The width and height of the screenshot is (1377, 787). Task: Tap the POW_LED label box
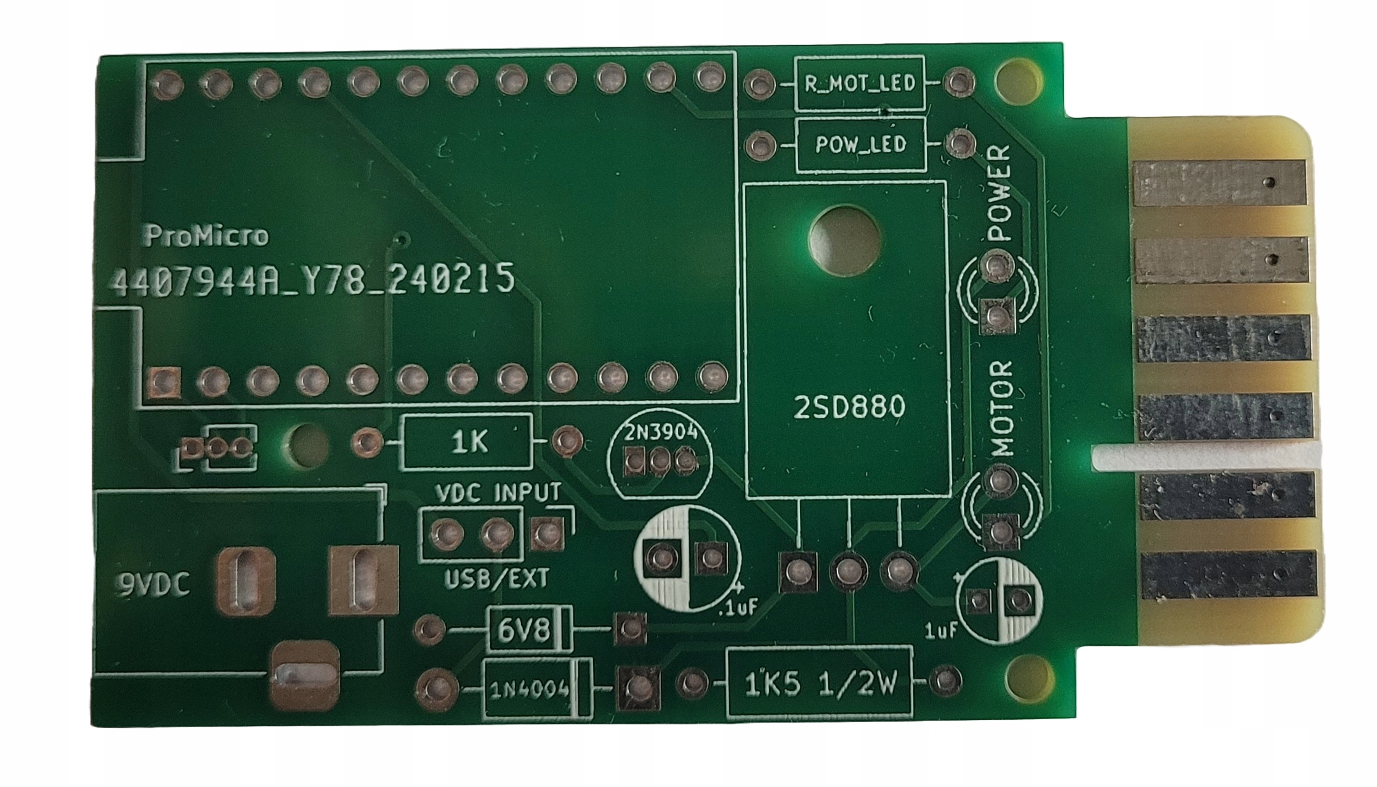click(x=860, y=145)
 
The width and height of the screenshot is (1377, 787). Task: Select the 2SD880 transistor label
click(x=850, y=407)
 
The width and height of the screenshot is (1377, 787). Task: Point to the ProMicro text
click(x=206, y=235)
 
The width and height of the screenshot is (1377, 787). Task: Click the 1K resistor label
click(x=469, y=442)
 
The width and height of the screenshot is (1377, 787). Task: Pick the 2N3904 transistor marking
click(x=661, y=433)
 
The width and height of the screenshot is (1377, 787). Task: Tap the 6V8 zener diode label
click(x=524, y=630)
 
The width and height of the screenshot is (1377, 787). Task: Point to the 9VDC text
click(x=152, y=585)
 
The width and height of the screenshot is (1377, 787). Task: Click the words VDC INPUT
click(x=498, y=492)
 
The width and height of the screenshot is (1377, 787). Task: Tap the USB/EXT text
click(x=496, y=579)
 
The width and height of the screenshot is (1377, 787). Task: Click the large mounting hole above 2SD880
click(x=843, y=240)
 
